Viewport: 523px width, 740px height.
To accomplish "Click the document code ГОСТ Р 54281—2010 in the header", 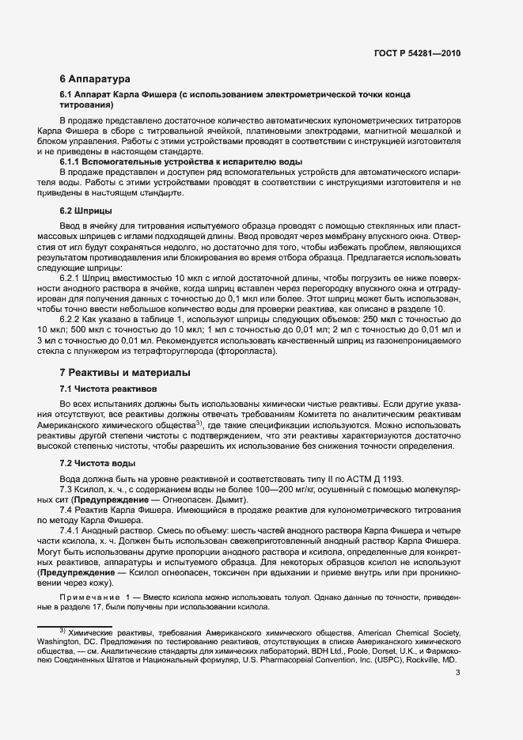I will tap(417, 53).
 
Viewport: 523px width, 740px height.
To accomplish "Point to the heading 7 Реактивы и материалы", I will tap(124, 373).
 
